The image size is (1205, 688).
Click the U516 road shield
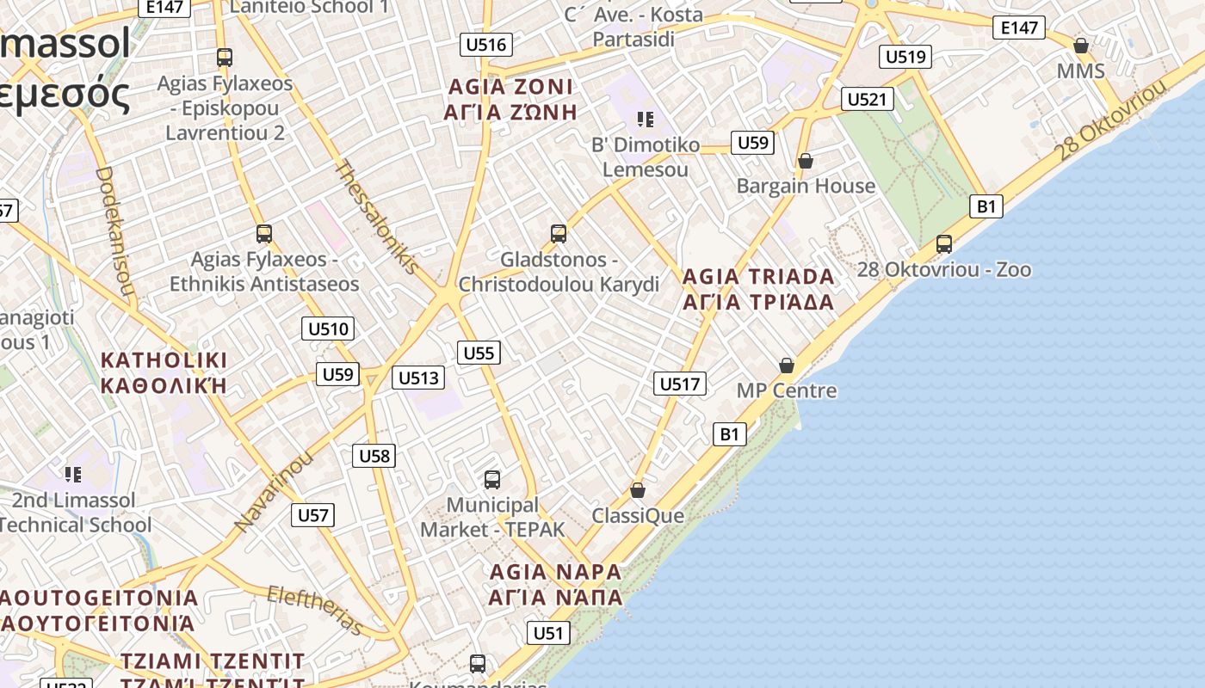pyautogui.click(x=486, y=45)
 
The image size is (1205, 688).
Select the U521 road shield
pyautogui.click(x=866, y=99)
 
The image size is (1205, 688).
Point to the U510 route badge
pyautogui.click(x=329, y=329)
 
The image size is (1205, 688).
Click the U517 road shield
pyautogui.click(x=680, y=384)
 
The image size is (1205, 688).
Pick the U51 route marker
pyautogui.click(x=547, y=634)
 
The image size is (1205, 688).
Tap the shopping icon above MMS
pyautogui.click(x=1081, y=46)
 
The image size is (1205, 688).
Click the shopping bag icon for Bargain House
pyautogui.click(x=806, y=161)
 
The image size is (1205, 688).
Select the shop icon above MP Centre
pyautogui.click(x=787, y=365)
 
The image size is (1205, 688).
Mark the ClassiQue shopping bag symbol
pyautogui.click(x=638, y=490)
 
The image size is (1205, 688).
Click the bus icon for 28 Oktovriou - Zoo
pyautogui.click(x=944, y=243)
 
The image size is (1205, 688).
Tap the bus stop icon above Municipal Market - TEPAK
pyautogui.click(x=492, y=479)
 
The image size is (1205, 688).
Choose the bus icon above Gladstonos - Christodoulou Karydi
pyautogui.click(x=559, y=233)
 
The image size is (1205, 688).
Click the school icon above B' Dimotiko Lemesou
pyautogui.click(x=646, y=119)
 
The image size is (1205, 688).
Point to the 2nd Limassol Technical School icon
pyautogui.click(x=73, y=474)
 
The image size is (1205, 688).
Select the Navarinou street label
pyautogui.click(x=274, y=490)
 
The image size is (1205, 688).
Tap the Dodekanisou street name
pyautogui.click(x=115, y=231)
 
